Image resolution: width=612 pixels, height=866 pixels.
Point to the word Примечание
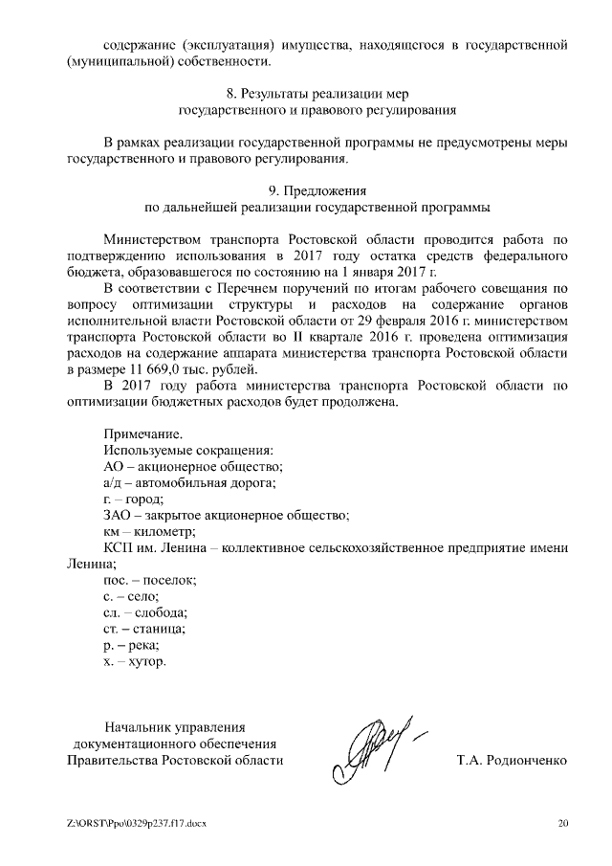tap(141, 433)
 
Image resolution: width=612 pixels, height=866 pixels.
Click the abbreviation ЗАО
tap(116, 515)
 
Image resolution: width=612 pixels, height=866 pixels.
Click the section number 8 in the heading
tap(230, 94)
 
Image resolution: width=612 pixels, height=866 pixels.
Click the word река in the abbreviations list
tap(142, 646)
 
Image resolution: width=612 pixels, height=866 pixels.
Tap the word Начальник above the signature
tap(138, 726)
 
